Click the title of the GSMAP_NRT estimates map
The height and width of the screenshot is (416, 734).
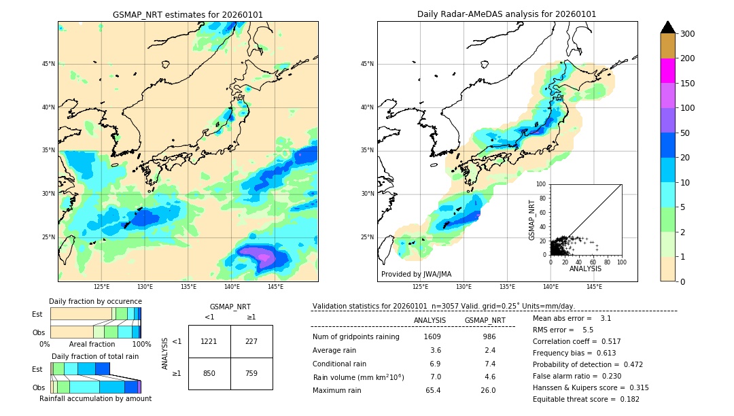[188, 14]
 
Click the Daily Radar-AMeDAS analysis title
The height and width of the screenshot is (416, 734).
[506, 14]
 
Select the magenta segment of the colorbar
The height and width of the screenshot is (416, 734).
[668, 71]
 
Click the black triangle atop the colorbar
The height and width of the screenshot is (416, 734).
[668, 27]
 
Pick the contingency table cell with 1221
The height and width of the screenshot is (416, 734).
[209, 341]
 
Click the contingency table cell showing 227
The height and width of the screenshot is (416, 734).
[251, 341]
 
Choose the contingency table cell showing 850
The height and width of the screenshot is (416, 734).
[209, 372]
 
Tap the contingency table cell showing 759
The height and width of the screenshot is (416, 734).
[251, 372]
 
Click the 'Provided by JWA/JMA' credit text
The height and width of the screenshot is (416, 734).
[416, 274]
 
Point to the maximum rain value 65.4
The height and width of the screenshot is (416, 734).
[433, 390]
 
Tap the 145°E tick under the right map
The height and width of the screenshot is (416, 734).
[594, 287]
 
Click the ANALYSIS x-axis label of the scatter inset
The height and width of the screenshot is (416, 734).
[585, 268]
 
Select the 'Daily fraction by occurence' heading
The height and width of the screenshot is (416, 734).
[95, 301]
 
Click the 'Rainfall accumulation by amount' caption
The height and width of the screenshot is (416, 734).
[95, 398]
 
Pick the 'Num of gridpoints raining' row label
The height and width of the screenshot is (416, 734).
[356, 336]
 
